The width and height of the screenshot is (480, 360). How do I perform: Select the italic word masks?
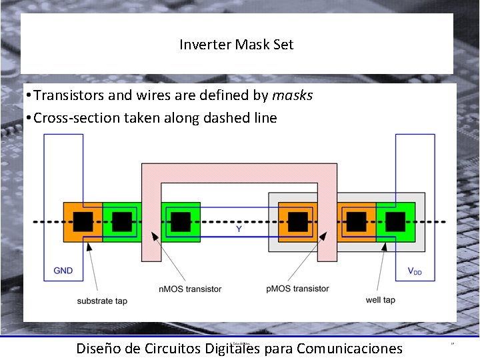pos(292,95)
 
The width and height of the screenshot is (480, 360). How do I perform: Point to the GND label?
pos(63,271)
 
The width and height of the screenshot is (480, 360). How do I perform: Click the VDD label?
pos(414,271)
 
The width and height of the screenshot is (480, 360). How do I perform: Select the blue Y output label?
pos(239,229)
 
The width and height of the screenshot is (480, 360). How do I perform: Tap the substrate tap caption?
pos(101,301)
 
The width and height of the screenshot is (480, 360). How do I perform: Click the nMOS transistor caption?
pos(189,289)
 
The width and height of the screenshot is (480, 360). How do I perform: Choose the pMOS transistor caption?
pos(297,289)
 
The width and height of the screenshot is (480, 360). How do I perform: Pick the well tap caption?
pos(380,300)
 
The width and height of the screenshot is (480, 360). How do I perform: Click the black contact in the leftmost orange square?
pos(83,221)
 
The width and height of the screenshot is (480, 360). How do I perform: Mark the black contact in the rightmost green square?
pos(395,221)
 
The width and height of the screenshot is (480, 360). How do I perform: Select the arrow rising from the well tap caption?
pos(382,267)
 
